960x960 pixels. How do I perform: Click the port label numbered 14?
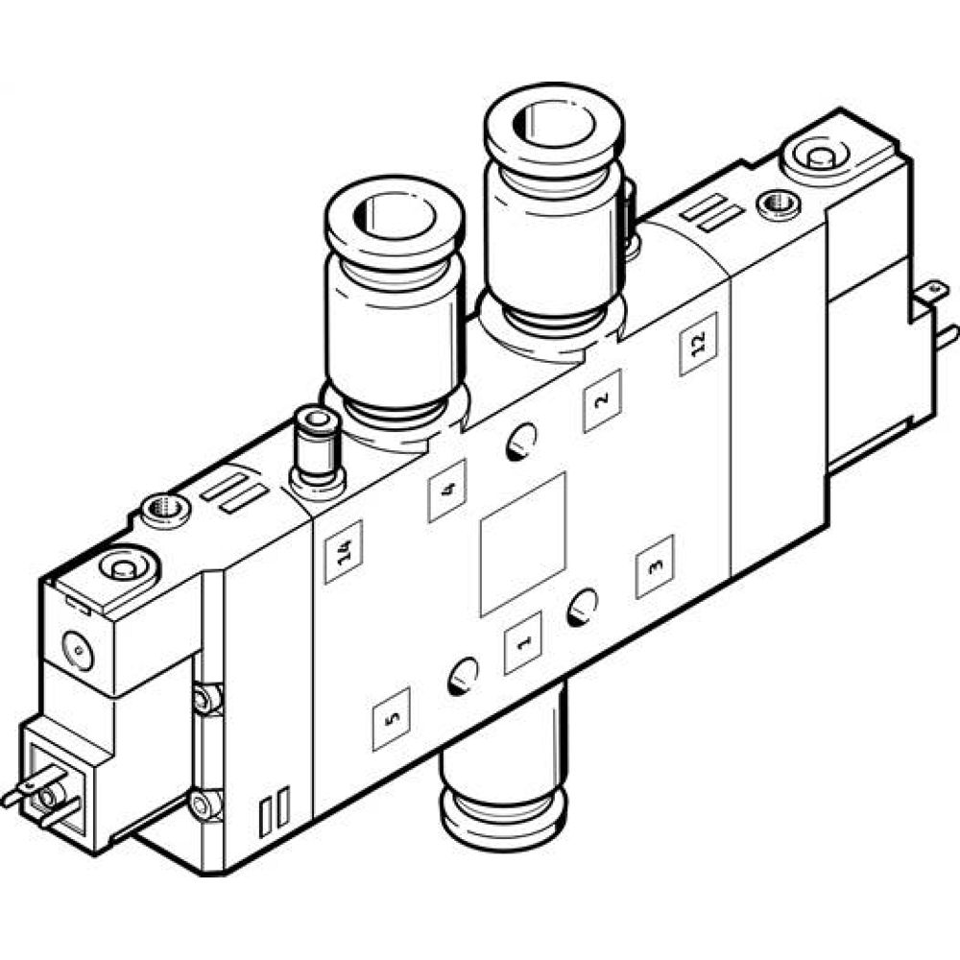coord(343,552)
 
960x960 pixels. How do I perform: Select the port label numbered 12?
coord(698,344)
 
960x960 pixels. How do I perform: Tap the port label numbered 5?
coord(391,719)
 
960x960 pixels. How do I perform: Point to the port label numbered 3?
coord(655,566)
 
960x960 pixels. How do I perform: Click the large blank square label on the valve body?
coord(523,542)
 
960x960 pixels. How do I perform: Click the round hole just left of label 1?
coord(462,676)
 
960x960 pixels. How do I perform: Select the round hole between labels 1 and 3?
coord(583,607)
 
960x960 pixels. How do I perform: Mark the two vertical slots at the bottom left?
coord(274,809)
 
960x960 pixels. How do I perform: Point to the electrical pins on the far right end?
coord(937,314)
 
